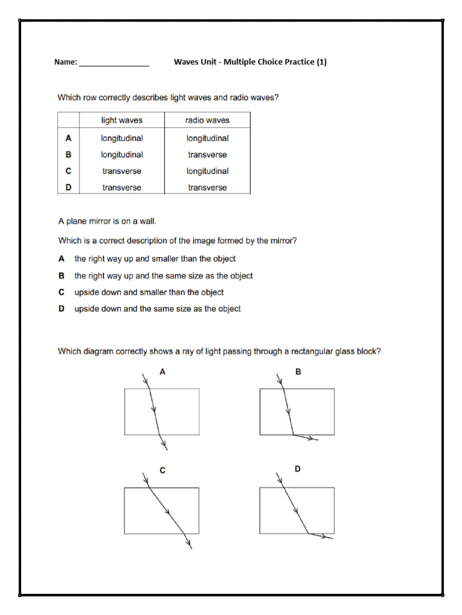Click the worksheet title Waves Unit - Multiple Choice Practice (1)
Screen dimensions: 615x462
[250, 62]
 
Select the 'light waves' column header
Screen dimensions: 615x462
[122, 120]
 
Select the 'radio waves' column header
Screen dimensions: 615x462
[207, 120]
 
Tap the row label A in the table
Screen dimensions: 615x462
[69, 138]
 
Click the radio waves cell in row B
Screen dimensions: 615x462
[207, 154]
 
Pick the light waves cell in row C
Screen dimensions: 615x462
[122, 171]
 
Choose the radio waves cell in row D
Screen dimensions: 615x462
[207, 187]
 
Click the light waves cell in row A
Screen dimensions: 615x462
[122, 138]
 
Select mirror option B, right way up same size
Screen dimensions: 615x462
[163, 276]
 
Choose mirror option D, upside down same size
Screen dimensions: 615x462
[157, 309]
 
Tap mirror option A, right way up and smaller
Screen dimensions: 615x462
[155, 259]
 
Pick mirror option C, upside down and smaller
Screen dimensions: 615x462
[149, 292]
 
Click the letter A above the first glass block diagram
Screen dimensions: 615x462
[162, 372]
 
